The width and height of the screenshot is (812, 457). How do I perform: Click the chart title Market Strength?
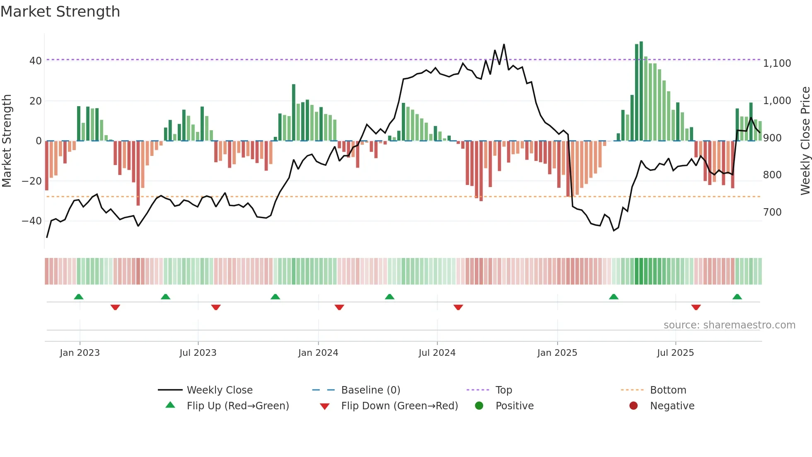pos(60,12)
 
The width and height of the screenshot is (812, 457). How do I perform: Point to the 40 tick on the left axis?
pos(36,61)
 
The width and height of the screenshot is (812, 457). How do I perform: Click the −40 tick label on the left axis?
pos(32,221)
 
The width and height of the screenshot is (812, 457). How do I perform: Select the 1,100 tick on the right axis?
pos(777,63)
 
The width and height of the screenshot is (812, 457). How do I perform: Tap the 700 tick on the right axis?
pos(772,212)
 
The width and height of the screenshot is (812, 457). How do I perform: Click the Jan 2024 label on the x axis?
pos(318,353)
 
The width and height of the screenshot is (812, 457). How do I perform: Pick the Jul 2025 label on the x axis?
pos(675,353)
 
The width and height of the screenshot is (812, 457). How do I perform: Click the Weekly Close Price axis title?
pos(805,141)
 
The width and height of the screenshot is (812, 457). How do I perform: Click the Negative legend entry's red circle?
pos(633,406)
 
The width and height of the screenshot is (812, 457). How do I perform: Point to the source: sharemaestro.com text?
pos(729,325)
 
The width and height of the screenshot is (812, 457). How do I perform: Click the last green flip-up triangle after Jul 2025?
pos(737,297)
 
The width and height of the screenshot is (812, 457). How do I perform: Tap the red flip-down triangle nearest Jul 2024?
pos(458,307)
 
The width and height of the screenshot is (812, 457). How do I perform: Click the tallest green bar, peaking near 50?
pos(641,91)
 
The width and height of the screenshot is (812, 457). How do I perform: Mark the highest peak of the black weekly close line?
pos(504,44)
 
